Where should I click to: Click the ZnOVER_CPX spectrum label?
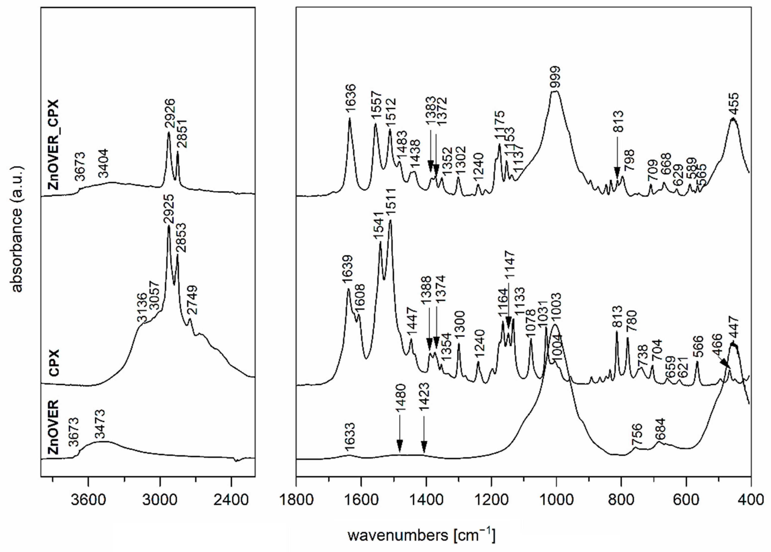54,144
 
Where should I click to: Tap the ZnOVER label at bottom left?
54,428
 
